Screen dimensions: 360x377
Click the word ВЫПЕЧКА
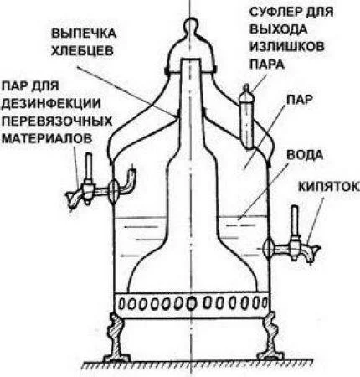click(x=84, y=34)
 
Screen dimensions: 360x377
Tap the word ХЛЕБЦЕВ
click(x=83, y=51)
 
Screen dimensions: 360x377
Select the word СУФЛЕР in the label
click(x=274, y=12)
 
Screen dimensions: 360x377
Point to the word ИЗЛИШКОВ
click(x=287, y=46)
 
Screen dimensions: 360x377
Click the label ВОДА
click(x=305, y=155)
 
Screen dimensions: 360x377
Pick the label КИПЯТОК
click(x=328, y=187)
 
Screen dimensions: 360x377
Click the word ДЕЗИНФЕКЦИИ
click(x=51, y=104)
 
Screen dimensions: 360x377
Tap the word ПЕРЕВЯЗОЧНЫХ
click(x=57, y=121)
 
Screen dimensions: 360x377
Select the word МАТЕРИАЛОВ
click(x=47, y=138)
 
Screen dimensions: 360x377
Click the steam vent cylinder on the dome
click(x=247, y=117)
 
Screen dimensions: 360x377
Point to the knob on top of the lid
click(x=191, y=24)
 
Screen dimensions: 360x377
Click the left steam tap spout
click(x=73, y=199)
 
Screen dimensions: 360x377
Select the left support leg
click(x=116, y=338)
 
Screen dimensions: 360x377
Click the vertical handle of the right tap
click(x=294, y=220)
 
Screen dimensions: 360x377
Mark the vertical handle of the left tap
click(x=89, y=167)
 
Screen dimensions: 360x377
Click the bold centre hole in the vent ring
click(x=191, y=304)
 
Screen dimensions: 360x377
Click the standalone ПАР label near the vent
click(x=299, y=100)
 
